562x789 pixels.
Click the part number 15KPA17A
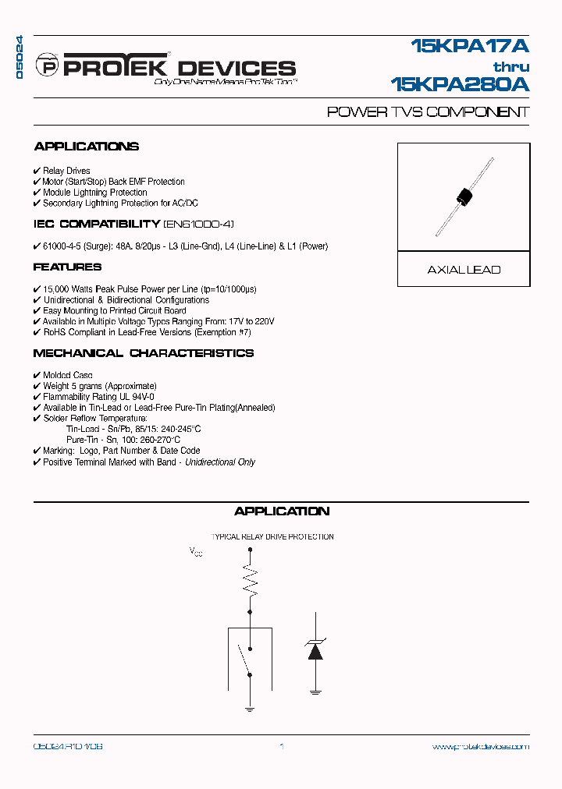(471, 48)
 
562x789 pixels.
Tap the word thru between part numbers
(511, 66)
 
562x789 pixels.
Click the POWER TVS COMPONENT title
(428, 112)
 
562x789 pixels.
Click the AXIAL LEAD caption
(464, 270)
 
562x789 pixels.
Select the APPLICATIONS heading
(86, 147)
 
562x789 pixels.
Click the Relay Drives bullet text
(66, 171)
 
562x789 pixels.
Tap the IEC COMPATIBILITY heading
(96, 225)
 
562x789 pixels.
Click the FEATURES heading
(67, 267)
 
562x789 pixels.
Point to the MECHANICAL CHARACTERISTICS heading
(143, 353)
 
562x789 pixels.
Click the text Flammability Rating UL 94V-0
(100, 397)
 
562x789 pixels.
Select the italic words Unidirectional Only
(220, 462)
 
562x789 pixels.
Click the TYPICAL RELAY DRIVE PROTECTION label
(272, 537)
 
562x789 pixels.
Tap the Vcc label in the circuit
(196, 552)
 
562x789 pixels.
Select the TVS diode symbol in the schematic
(315, 649)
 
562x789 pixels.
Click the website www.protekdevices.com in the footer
(480, 747)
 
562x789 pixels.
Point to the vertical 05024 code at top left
(20, 57)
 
